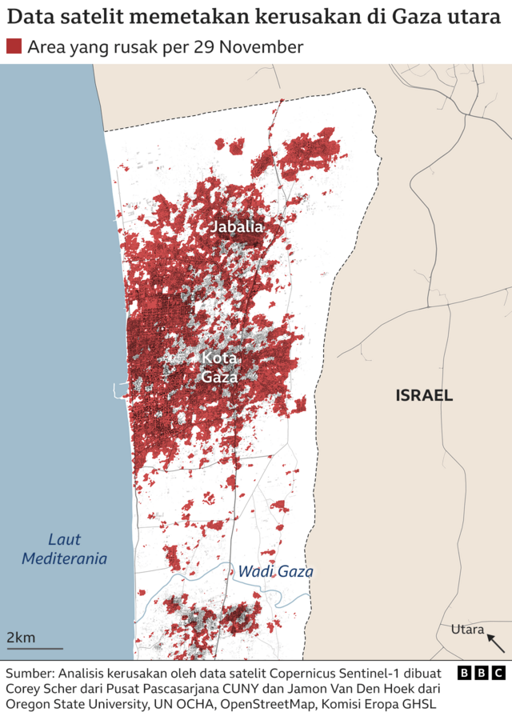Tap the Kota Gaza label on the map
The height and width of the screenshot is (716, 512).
tap(219, 367)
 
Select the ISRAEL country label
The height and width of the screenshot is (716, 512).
tap(424, 395)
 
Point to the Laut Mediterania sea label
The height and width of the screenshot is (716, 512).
tap(64, 549)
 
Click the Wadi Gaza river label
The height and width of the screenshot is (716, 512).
tap(275, 572)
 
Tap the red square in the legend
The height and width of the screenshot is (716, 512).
tap(14, 47)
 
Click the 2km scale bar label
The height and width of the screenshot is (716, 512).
tap(21, 638)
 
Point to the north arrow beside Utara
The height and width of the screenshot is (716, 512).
tap(496, 642)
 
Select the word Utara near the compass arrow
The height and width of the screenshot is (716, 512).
tap(467, 630)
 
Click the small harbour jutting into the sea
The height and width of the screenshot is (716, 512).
tap(120, 392)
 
